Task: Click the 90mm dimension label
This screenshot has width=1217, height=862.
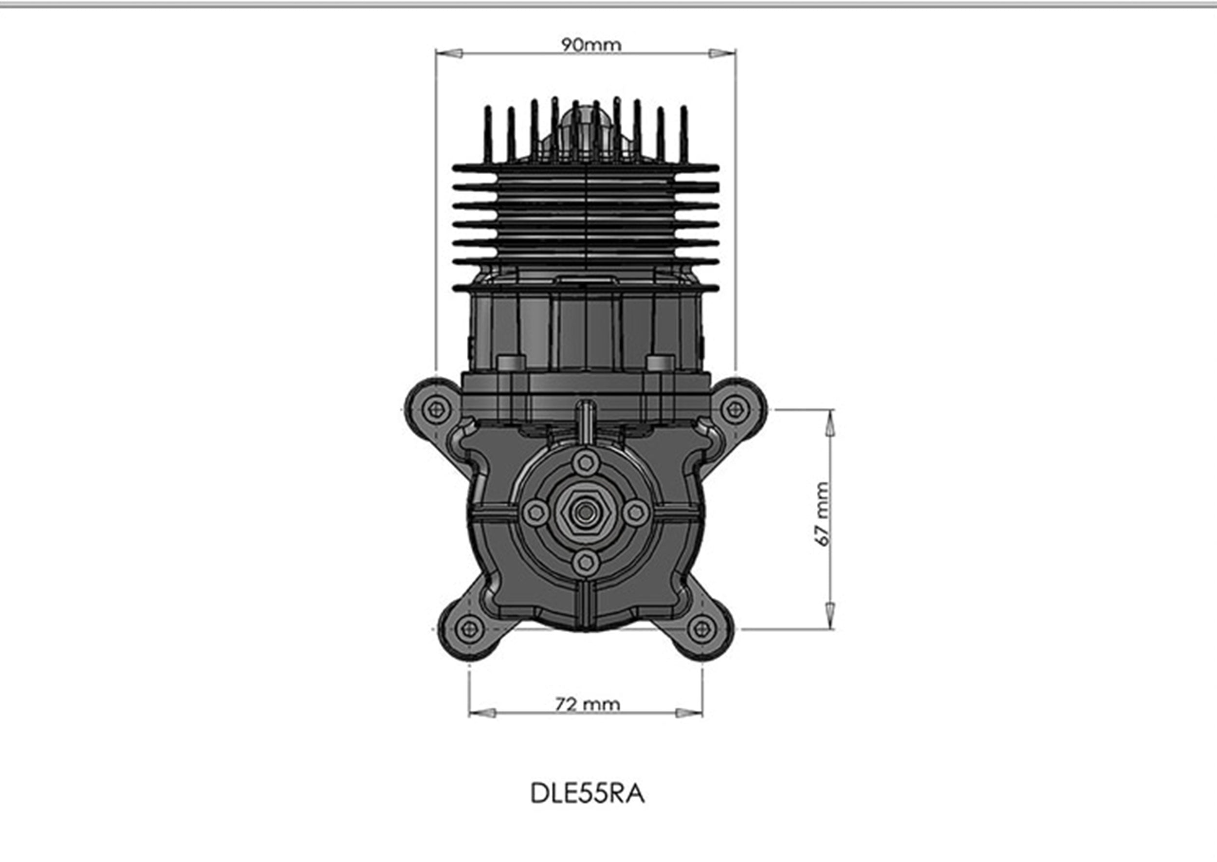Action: [x=591, y=45]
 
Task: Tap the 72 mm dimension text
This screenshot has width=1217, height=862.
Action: [x=588, y=704]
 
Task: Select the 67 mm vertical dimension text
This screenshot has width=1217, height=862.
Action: [x=821, y=514]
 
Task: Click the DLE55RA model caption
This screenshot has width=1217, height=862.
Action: [x=588, y=793]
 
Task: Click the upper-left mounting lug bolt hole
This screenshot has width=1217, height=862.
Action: [x=436, y=409]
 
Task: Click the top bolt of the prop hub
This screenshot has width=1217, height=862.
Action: [x=586, y=462]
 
